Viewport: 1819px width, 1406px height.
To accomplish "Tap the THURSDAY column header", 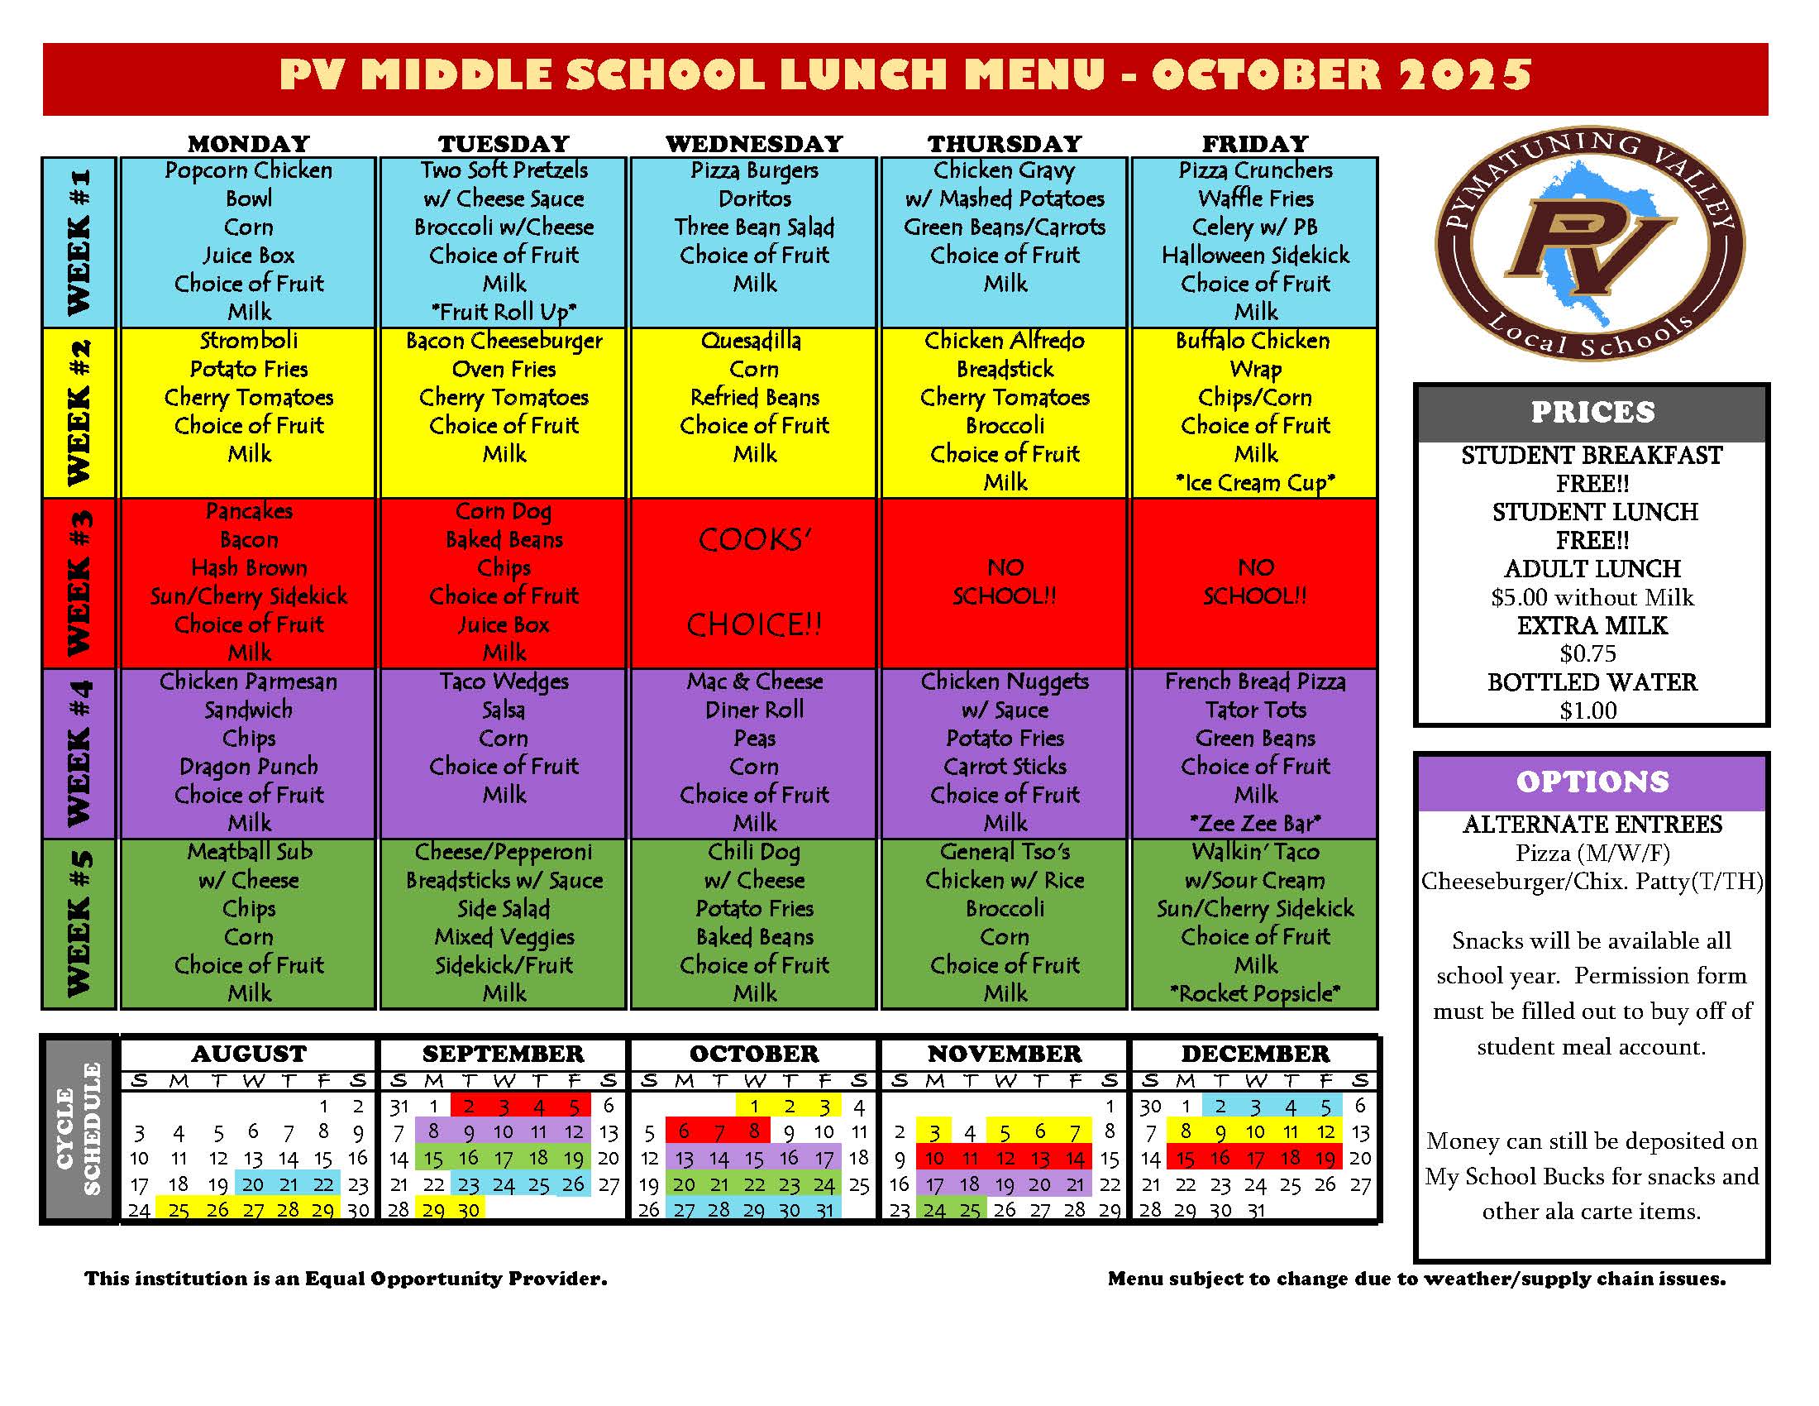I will click(1005, 143).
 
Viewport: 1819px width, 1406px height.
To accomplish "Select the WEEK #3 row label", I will click(79, 583).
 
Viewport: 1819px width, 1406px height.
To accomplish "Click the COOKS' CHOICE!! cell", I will click(754, 582).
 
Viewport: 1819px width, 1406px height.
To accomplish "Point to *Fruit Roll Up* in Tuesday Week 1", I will click(504, 313).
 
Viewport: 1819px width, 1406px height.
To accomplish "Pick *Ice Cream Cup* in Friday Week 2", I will click(1255, 483).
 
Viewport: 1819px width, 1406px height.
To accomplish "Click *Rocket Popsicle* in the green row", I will click(1255, 993).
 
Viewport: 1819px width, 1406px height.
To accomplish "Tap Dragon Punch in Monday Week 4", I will click(248, 767).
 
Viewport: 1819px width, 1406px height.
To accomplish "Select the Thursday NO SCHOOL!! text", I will click(1005, 582).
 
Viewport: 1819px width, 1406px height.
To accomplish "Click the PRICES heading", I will click(1592, 413).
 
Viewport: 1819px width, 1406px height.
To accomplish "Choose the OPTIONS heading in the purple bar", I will click(1592, 782).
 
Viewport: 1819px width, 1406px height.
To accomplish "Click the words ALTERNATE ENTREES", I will click(1592, 825).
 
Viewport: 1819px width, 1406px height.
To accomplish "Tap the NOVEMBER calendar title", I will click(1005, 1054).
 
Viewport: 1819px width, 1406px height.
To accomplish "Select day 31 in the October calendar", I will click(824, 1210).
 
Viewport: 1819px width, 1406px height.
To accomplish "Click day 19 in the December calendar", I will click(1325, 1158).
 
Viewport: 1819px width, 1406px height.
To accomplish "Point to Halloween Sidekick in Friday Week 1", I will click(1255, 256).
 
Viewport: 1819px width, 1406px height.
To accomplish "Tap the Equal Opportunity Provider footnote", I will click(346, 1279).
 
